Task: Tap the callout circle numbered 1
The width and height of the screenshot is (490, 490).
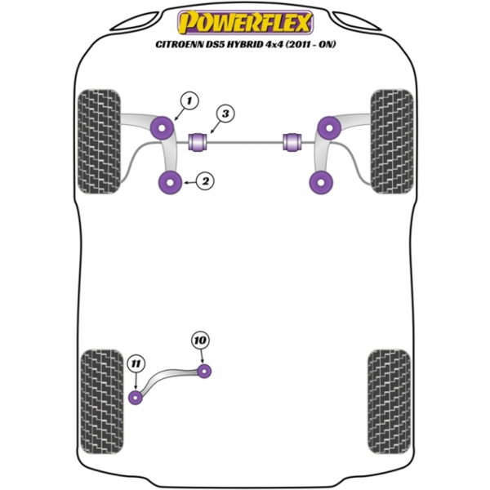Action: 189,100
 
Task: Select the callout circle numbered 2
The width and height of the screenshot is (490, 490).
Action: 205,181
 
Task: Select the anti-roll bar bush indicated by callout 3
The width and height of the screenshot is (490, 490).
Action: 198,140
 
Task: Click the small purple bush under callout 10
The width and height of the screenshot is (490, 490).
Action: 205,371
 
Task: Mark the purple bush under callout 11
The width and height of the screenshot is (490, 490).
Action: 136,398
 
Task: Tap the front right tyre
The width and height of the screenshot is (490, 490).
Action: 390,140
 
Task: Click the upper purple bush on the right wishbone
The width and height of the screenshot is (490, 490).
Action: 329,127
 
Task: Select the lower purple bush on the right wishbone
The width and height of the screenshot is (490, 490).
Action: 320,184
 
